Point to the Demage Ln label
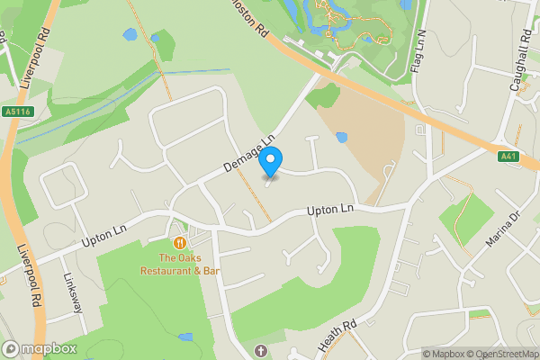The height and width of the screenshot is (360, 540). pyautogui.click(x=247, y=156)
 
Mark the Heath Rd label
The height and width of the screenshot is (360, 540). pyautogui.click(x=337, y=334)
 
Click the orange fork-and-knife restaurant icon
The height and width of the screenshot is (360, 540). pyautogui.click(x=180, y=242)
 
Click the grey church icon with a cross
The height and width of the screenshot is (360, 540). pyautogui.click(x=261, y=349)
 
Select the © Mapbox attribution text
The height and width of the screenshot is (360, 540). pyautogui.click(x=443, y=354)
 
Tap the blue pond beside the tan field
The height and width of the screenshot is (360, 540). pyautogui.click(x=341, y=138)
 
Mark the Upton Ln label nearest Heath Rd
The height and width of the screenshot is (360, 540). pyautogui.click(x=328, y=210)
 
